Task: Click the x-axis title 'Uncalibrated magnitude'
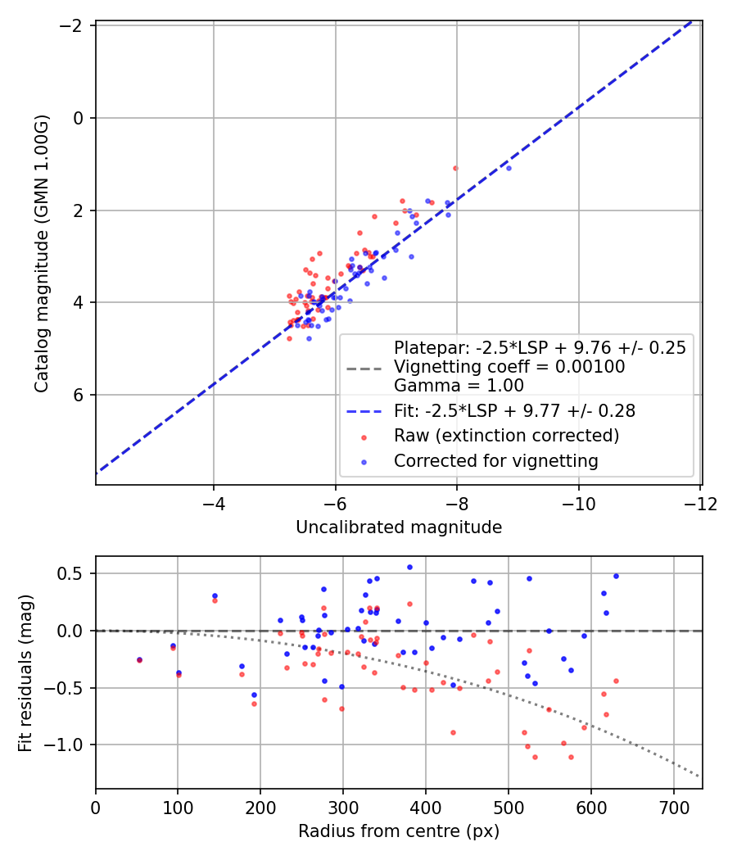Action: [399, 527]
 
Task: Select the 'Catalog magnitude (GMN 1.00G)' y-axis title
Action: [43, 253]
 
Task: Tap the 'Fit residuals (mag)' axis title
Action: [25, 672]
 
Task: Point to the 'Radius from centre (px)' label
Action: [399, 831]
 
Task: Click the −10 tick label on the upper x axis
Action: [578, 503]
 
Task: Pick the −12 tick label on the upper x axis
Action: [699, 503]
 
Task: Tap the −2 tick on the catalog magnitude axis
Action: [74, 25]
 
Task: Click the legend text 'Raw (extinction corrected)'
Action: [506, 435]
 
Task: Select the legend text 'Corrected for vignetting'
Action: [495, 461]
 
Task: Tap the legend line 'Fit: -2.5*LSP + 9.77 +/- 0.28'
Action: [366, 410]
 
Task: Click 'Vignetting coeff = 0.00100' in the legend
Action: [509, 367]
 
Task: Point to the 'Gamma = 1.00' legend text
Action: [459, 386]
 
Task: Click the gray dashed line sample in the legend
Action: [366, 367]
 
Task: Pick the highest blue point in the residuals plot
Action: [409, 567]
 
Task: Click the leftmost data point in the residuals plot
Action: [139, 659]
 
